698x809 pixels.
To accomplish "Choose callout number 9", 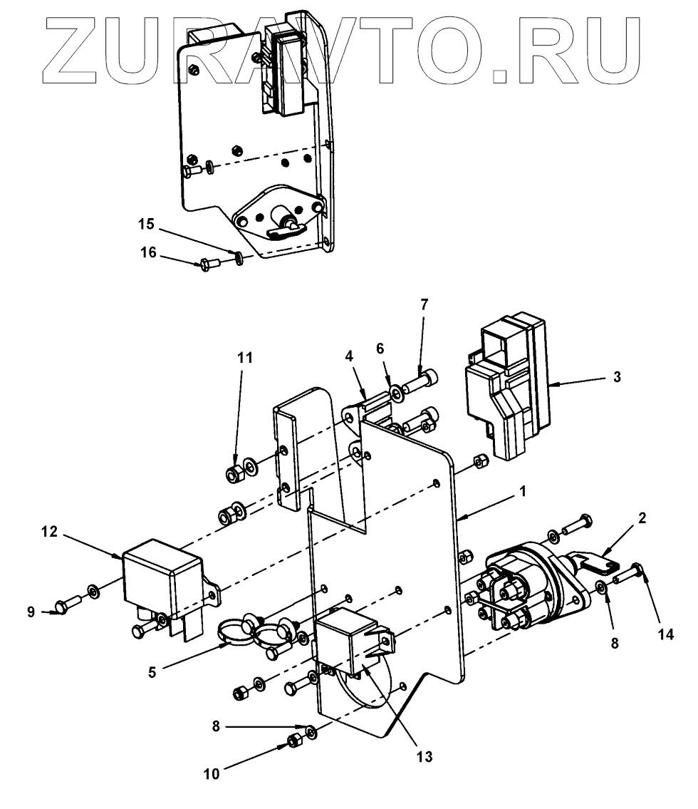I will click(x=31, y=612).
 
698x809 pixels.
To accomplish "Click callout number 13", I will click(x=424, y=756).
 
